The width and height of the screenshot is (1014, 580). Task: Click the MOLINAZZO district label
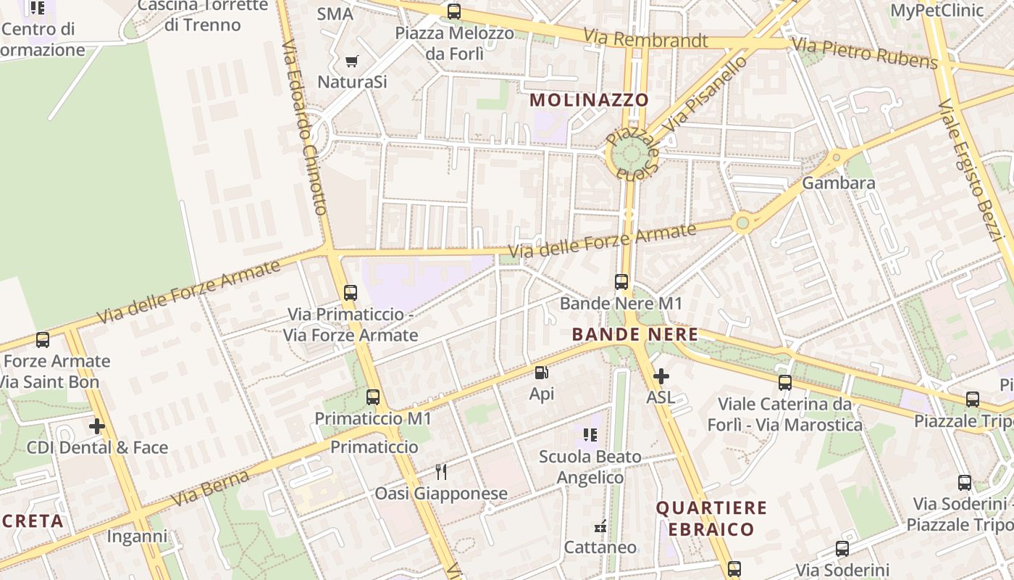pyautogui.click(x=589, y=100)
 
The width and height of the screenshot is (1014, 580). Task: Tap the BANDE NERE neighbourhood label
pyautogui.click(x=635, y=334)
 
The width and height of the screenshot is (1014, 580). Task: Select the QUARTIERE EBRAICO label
pyautogui.click(x=711, y=518)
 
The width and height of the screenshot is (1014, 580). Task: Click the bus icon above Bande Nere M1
pyautogui.click(x=621, y=282)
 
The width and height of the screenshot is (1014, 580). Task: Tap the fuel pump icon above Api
pyautogui.click(x=541, y=373)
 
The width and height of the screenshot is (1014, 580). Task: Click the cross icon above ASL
pyautogui.click(x=661, y=376)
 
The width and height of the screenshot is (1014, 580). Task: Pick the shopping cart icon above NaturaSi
pyautogui.click(x=352, y=62)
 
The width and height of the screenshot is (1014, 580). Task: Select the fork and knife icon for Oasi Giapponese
pyautogui.click(x=440, y=472)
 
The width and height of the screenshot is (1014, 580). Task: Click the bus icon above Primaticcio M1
pyautogui.click(x=373, y=397)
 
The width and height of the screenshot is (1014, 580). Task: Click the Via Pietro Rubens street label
pyautogui.click(x=865, y=54)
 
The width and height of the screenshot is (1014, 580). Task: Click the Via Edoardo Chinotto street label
pyautogui.click(x=304, y=128)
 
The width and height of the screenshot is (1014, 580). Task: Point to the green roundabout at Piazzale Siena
pyautogui.click(x=629, y=154)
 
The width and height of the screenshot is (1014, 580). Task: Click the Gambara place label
pyautogui.click(x=839, y=183)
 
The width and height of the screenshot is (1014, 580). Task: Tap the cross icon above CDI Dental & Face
pyautogui.click(x=97, y=426)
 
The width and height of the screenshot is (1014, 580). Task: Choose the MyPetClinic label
pyautogui.click(x=937, y=10)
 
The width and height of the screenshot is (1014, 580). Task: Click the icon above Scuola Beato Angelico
pyautogui.click(x=590, y=435)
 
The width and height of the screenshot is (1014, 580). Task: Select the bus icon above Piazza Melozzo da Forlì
pyautogui.click(x=454, y=12)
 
